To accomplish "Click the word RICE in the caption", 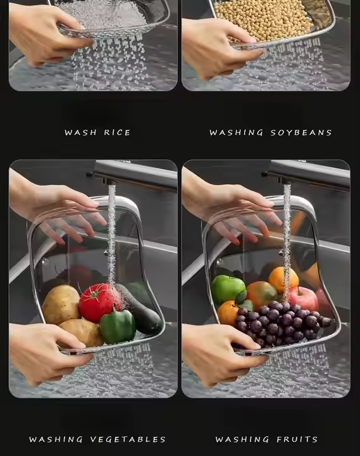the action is point(117,132).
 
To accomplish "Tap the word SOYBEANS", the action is point(301,132).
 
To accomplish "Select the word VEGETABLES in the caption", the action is point(128,439).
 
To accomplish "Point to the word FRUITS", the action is point(297,439).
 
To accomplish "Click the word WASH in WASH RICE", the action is point(80,132).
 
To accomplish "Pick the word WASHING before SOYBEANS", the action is point(236,132).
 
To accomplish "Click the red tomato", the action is point(96,303).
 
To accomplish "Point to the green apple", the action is point(228,289).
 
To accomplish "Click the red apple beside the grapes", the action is point(303,299).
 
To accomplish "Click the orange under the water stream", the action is point(283,281).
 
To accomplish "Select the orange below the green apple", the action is point(228,313).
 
